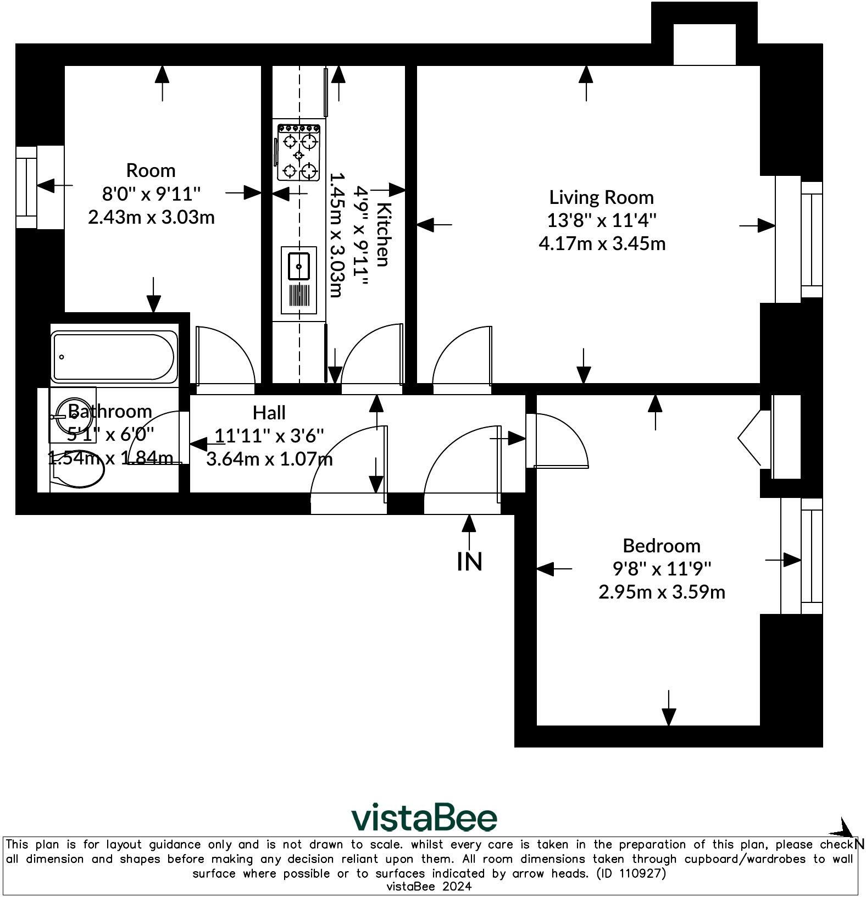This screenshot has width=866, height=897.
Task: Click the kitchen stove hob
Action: coord(299,152)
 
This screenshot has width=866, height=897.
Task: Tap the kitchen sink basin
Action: coord(299,267)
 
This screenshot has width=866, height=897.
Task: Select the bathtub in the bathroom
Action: coord(114,356)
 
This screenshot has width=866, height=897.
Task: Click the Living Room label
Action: coord(602,197)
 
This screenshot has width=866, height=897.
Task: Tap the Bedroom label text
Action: coord(662,546)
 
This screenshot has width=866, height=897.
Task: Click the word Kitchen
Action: coord(384,234)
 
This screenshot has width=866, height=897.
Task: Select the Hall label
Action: coord(269,412)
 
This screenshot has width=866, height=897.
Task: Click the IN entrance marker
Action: coord(470,561)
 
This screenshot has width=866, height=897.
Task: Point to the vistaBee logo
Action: coord(424,818)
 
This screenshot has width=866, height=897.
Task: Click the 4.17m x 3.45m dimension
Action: coord(602,243)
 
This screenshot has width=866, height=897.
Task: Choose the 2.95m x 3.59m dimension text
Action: coord(662,592)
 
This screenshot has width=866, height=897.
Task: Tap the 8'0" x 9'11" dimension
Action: coord(152,193)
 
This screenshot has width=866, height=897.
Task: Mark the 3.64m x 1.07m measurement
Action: coord(269,458)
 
